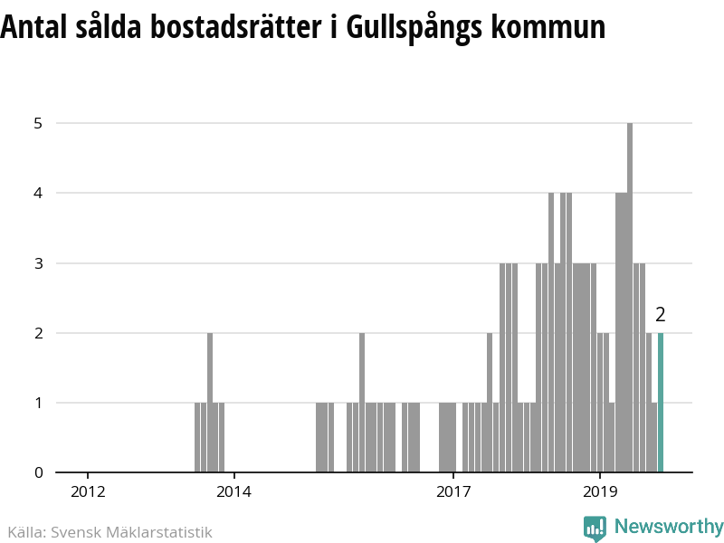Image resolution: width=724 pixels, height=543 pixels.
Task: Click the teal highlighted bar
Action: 661,403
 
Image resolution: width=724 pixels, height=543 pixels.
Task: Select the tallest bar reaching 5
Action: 630,299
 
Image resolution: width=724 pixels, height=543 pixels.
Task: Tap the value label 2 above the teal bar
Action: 661,315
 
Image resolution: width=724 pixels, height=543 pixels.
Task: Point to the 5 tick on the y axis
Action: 38,123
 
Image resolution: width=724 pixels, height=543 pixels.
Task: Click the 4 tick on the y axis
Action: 38,193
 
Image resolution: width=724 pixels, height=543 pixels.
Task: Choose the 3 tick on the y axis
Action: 38,263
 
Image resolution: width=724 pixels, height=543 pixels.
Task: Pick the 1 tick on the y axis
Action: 38,403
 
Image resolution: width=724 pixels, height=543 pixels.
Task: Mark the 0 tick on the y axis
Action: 38,472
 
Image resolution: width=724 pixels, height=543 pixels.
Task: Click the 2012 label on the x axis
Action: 88,491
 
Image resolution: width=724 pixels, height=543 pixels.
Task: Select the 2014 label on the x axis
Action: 233,491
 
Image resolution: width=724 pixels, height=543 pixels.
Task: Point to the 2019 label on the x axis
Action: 599,491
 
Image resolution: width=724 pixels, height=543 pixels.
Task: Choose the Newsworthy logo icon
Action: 595,528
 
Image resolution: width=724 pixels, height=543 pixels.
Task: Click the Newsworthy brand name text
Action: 669,527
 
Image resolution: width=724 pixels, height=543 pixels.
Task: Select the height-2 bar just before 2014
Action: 210,403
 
